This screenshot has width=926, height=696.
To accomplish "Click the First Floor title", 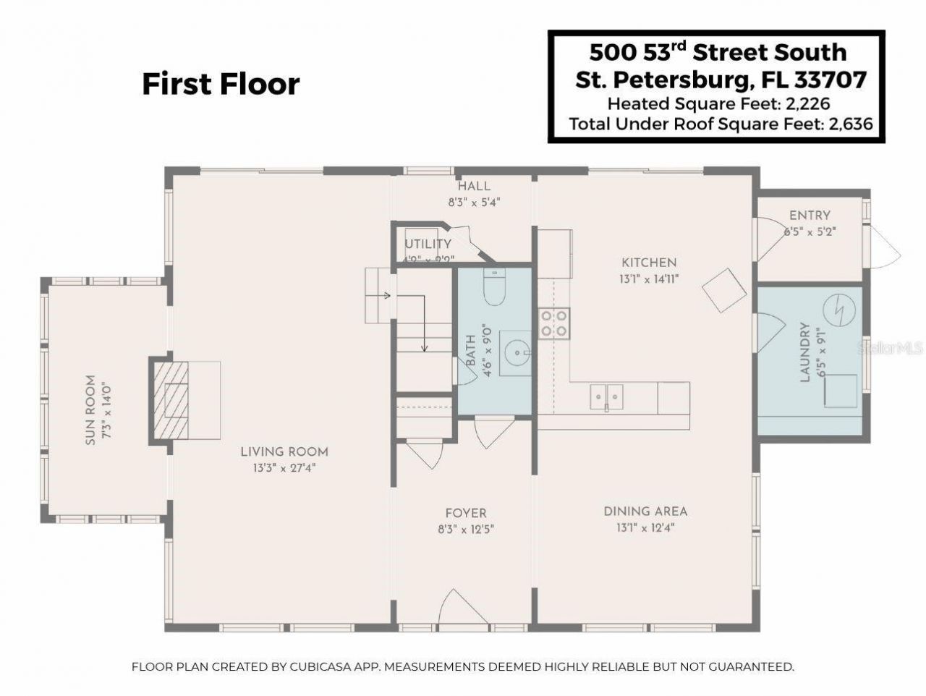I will tap(221, 84).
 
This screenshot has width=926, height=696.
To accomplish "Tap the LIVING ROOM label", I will tap(284, 452).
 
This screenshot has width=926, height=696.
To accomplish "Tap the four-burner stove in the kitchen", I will tap(553, 323).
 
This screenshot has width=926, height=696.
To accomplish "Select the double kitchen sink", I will tap(606, 395).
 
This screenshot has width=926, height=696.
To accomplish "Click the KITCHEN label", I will tap(649, 263).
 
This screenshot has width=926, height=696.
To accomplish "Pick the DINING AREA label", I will tap(645, 512).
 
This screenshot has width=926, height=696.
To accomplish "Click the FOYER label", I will tap(466, 514).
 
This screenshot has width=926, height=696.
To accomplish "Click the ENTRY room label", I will tap(810, 216).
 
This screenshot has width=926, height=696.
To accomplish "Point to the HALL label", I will tap(474, 187).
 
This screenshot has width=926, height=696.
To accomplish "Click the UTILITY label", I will tap(428, 245).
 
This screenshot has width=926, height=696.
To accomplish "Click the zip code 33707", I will tap(832, 79).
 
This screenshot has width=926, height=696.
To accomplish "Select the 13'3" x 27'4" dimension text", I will tap(284, 468).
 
